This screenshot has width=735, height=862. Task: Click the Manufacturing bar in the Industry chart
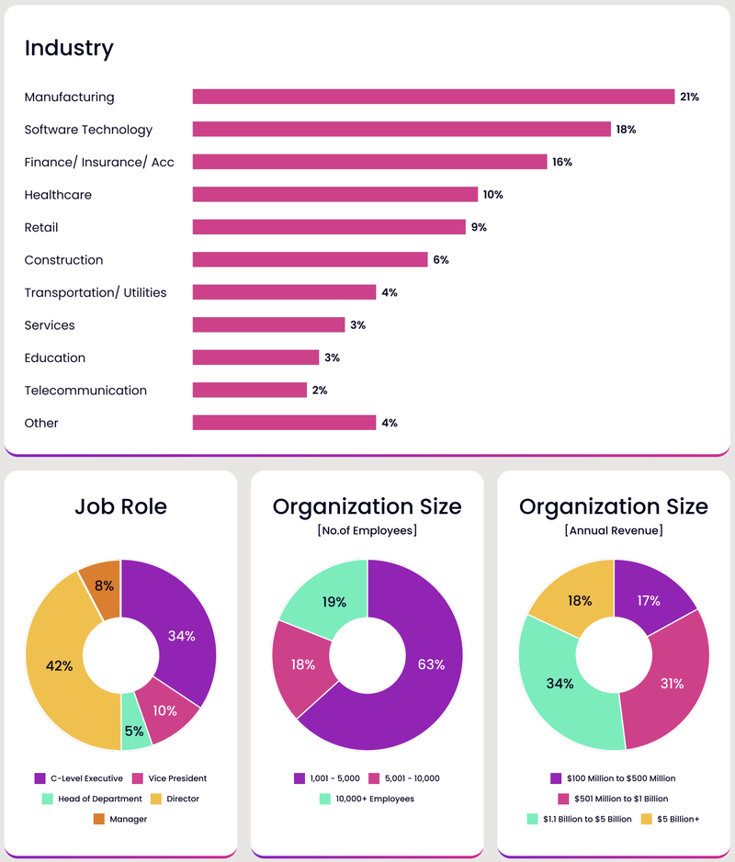434,96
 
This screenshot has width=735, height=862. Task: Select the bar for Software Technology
401,130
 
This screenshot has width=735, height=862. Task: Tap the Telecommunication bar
249,391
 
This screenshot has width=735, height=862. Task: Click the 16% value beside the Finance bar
562,163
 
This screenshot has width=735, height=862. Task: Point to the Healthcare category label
58,195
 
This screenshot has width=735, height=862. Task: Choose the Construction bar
310,260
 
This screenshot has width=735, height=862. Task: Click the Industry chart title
69,49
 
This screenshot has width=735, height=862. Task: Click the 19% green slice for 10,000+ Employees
333,602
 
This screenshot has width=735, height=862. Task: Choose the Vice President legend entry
169,777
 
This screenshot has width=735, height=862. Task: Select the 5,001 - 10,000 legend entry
404,778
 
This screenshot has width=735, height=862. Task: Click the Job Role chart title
121,506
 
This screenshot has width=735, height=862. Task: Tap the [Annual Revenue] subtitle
614,530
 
